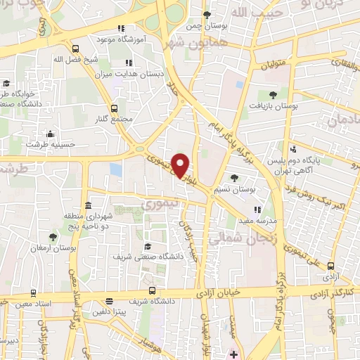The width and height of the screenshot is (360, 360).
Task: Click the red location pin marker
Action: (x=181, y=166)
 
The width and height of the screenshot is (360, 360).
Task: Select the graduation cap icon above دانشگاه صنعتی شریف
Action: (x=148, y=246)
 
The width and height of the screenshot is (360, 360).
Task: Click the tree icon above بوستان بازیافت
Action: (x=273, y=94)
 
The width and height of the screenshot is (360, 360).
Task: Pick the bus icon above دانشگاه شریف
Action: (x=150, y=289)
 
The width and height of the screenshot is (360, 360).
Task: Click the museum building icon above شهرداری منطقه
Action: (x=88, y=205)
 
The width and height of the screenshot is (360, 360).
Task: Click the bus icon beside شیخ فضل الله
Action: (x=75, y=49)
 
